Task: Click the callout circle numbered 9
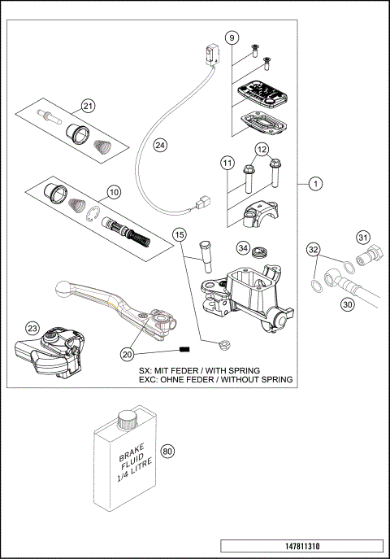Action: tap(232, 38)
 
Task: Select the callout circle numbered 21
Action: tap(88, 106)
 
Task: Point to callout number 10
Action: tap(113, 192)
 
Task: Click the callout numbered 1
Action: tap(314, 184)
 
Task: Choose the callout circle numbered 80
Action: tap(168, 451)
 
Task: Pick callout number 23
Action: tap(32, 327)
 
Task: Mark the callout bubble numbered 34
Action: tap(242, 247)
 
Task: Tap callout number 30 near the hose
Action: tap(349, 305)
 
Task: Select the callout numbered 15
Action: tap(180, 235)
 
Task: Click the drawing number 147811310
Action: tap(301, 545)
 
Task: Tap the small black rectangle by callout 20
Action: tap(184, 351)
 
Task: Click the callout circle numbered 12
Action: tap(261, 150)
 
